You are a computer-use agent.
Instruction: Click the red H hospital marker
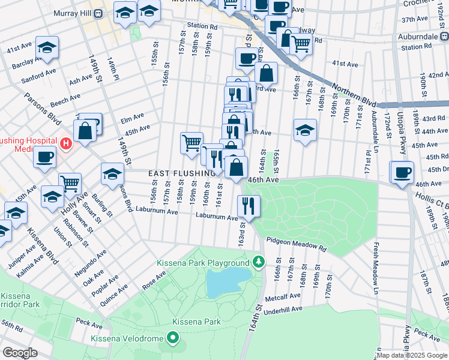pos(66,144)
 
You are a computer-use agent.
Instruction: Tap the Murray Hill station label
pos(78,13)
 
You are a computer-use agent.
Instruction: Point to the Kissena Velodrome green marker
pos(173,339)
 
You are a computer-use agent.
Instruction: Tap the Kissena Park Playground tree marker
pos(258,262)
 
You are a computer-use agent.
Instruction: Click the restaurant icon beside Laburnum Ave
pos(248,206)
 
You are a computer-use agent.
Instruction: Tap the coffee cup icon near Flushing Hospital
pos(44,158)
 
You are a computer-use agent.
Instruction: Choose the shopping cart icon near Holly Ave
pos(70,182)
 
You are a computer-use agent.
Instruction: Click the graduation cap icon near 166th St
pos(305,130)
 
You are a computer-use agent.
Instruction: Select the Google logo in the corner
pos(20,353)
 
